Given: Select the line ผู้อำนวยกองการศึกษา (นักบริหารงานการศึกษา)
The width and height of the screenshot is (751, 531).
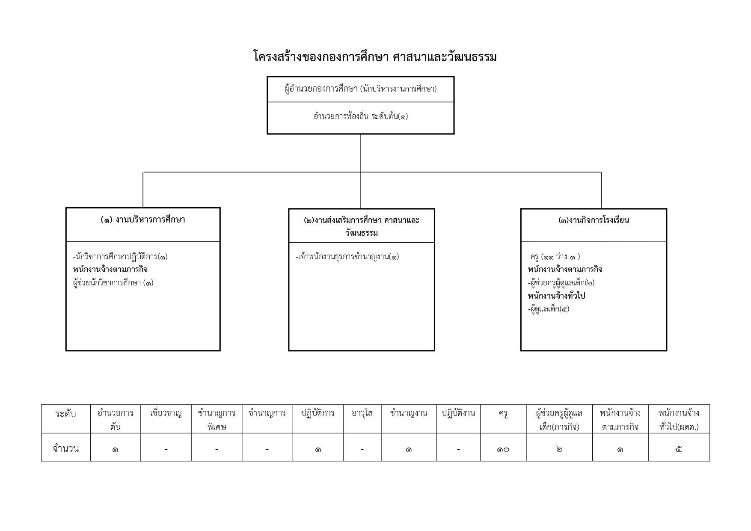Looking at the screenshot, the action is coord(360,89).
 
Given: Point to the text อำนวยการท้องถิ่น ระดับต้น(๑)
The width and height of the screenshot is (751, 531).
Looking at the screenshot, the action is coord(360,116).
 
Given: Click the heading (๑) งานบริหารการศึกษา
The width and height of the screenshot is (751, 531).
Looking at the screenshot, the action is coord(143,220).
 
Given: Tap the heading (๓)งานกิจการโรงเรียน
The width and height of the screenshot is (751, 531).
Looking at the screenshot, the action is coord(594,220).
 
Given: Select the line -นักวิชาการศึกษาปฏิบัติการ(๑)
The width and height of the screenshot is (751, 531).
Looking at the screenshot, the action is coord(120,257).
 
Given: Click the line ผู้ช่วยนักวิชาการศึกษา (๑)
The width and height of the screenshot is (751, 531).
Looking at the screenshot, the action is coord(113,283).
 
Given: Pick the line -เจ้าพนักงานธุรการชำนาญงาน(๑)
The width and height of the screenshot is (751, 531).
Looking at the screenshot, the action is coord(347,257).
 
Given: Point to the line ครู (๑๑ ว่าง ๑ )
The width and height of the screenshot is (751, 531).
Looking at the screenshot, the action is coord(555,257).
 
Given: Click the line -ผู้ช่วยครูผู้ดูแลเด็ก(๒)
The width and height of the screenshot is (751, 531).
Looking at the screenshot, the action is coord(561,283).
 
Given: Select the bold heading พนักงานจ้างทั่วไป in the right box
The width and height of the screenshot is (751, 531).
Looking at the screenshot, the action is coord(556,296).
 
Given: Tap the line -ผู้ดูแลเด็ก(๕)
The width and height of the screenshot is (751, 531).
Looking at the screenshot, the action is coord(549,309).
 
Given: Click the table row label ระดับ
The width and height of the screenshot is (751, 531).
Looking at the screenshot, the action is coord(65,414).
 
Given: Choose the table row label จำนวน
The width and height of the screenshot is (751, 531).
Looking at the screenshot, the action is coord(65,449).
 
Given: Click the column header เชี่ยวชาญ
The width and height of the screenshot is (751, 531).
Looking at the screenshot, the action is coord(166,413).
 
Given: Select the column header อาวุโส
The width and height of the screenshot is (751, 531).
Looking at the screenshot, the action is coord(362,413).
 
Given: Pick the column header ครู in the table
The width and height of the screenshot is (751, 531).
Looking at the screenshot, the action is coord(503,414).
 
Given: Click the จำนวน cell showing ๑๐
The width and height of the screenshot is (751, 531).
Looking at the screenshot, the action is coord(503,449).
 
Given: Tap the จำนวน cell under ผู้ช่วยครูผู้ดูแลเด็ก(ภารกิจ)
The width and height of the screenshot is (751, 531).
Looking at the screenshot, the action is coord(559,449).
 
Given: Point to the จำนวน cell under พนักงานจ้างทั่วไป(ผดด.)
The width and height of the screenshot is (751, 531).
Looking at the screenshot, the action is coord(679,449).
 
